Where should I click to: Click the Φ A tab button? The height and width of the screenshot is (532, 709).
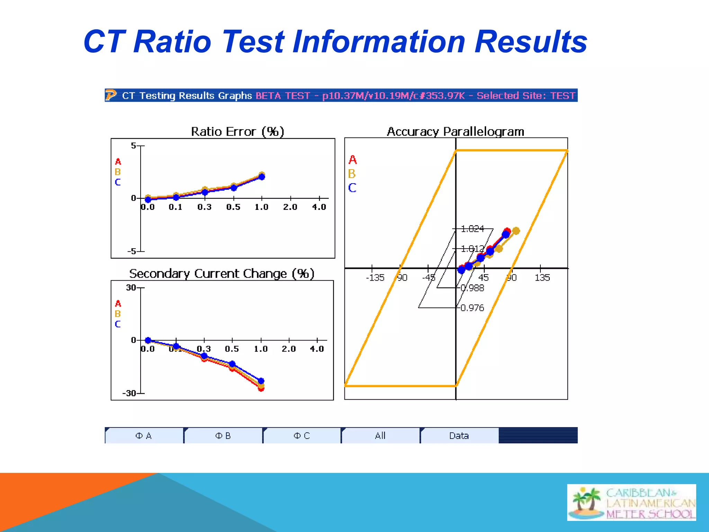(144, 436)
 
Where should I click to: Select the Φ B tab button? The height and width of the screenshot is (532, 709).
(223, 436)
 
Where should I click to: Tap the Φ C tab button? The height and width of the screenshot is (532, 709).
(302, 436)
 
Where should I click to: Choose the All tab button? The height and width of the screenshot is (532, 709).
(380, 436)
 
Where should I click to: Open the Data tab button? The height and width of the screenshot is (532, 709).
(459, 436)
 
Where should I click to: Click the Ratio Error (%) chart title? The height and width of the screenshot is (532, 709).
(237, 132)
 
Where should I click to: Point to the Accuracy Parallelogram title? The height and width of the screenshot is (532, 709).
(455, 132)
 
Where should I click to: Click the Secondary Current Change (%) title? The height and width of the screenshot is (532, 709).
(222, 274)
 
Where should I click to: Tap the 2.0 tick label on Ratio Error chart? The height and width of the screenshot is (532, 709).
(290, 207)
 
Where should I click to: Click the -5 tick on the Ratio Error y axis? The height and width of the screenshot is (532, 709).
(132, 251)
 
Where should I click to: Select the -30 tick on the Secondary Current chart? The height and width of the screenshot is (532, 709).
(129, 393)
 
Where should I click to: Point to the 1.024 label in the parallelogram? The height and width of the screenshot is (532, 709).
(473, 229)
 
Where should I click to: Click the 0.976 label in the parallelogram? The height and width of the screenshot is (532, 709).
(473, 308)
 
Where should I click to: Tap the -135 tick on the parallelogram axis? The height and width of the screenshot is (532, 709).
(375, 277)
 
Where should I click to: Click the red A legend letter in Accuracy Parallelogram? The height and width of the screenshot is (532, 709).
(352, 160)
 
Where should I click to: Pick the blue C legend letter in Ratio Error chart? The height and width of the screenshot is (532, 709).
(118, 182)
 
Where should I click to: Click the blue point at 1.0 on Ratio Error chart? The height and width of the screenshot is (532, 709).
(262, 177)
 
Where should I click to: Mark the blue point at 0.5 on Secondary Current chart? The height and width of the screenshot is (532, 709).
(232, 364)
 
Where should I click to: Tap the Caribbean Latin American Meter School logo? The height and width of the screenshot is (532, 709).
(631, 502)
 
